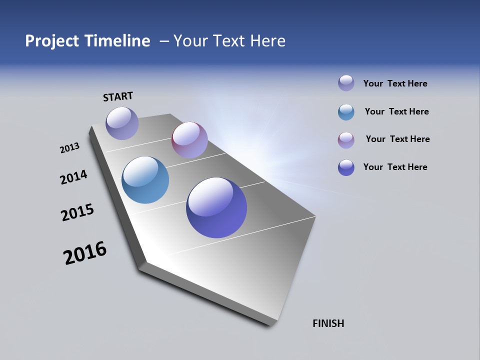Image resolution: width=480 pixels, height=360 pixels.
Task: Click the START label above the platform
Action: click(x=118, y=96)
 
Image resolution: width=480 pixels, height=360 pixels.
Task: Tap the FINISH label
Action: click(x=328, y=323)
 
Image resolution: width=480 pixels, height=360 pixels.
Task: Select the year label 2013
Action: click(x=69, y=148)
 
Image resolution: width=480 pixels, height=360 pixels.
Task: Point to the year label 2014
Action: click(x=73, y=177)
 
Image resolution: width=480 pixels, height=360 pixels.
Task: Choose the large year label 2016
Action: click(x=85, y=253)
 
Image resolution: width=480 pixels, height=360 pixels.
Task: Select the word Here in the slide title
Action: click(x=267, y=41)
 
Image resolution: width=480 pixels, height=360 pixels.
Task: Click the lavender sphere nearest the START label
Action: click(x=122, y=123)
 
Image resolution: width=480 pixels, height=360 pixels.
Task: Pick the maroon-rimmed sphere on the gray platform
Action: click(x=189, y=140)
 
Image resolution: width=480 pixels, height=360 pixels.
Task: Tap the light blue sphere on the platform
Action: click(x=145, y=180)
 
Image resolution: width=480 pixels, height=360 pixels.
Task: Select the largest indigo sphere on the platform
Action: click(x=216, y=207)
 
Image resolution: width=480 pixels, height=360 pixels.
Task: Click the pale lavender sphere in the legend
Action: click(x=346, y=83)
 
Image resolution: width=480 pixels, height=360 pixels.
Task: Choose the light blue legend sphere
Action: click(x=346, y=112)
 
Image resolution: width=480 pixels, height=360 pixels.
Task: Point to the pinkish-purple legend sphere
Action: click(x=346, y=140)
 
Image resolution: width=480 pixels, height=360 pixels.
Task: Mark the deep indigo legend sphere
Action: click(x=346, y=167)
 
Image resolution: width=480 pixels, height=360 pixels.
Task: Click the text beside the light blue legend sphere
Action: click(x=396, y=111)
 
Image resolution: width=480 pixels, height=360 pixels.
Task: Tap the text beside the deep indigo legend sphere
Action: click(x=395, y=167)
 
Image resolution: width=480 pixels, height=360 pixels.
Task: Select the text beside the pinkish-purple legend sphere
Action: click(x=397, y=139)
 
